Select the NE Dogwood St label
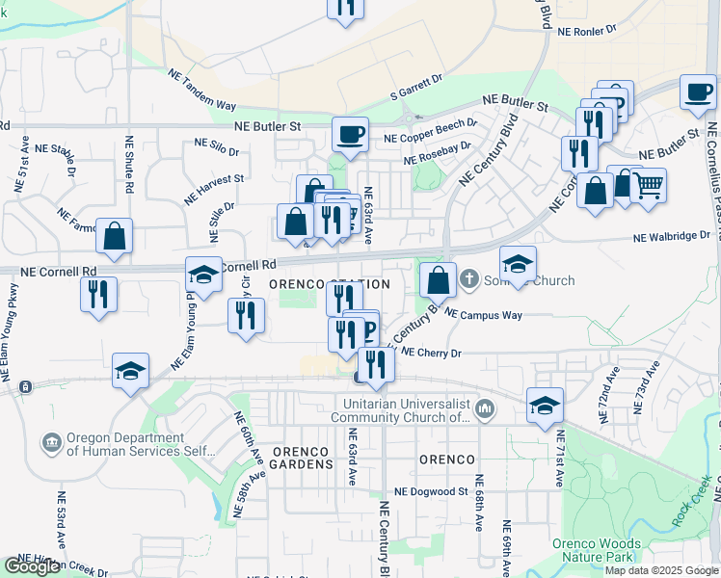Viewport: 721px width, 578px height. click(x=437, y=491)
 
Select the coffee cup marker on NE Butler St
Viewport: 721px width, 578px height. click(x=350, y=134)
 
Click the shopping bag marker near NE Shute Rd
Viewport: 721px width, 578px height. click(x=114, y=236)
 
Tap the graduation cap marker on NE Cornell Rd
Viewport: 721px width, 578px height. click(x=203, y=276)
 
